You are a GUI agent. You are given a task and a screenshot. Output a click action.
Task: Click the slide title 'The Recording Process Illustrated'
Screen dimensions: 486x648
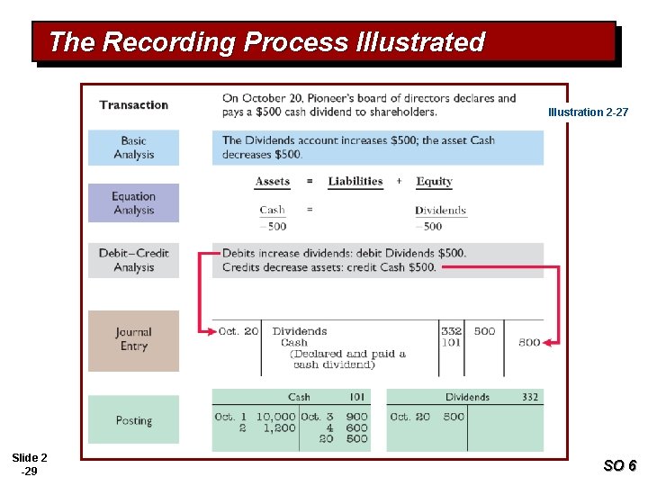pos(266,42)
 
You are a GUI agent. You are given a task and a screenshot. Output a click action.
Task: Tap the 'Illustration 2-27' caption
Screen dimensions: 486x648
pos(588,112)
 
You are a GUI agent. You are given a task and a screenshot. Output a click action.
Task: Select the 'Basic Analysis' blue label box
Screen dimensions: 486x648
pos(133,148)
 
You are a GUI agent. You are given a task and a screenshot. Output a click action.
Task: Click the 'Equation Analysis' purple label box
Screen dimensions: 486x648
pos(133,203)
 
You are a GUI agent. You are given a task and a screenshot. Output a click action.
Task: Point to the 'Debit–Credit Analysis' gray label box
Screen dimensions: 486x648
pos(133,260)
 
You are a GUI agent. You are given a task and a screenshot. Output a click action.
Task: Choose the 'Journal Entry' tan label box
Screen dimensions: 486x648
pos(133,339)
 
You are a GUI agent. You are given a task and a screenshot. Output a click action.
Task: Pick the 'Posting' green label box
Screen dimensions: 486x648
pos(133,420)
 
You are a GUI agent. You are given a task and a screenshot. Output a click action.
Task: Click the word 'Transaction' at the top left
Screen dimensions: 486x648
pos(134,105)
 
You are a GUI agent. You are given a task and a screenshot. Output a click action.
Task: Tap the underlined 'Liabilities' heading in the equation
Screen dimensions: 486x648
pos(355,182)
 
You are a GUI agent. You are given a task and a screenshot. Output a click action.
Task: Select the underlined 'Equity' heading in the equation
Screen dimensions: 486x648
pos(434,182)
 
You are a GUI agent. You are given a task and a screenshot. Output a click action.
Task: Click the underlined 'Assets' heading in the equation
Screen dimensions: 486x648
pos(273,182)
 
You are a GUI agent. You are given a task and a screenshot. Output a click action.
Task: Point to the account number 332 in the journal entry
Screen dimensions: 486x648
pos(452,331)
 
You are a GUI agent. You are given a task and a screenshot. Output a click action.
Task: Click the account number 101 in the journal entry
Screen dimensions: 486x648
pos(452,342)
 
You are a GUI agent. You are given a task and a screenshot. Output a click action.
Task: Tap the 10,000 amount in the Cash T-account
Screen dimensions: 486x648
pos(275,417)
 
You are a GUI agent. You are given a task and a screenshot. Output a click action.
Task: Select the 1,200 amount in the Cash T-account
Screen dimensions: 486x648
pos(279,428)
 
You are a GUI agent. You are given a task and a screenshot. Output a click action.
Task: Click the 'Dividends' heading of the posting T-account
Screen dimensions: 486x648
pos(467,397)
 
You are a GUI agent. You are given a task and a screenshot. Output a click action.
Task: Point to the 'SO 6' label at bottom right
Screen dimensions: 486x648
pos(619,465)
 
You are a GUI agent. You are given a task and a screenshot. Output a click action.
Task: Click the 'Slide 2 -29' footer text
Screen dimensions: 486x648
pos(30,464)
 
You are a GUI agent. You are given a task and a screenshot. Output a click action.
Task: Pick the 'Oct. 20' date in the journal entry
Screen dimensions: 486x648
pos(238,331)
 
